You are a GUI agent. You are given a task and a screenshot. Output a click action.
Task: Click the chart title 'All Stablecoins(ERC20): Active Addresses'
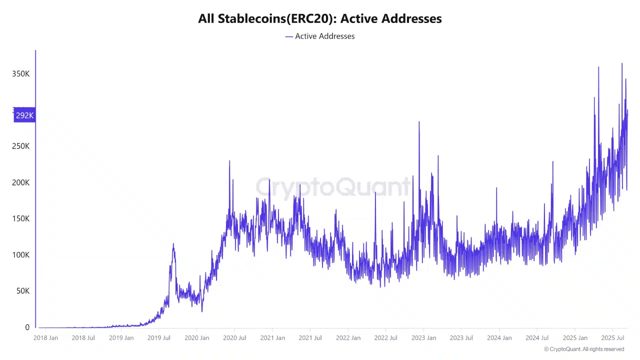[320, 19]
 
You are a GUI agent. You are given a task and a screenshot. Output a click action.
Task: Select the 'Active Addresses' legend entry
[320, 36]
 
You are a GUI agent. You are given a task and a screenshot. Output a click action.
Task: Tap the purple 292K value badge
[24, 115]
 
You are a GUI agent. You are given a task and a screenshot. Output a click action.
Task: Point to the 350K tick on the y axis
[20, 74]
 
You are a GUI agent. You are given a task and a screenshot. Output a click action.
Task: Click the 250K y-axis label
[20, 146]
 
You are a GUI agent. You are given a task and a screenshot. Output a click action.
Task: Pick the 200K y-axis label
[20, 182]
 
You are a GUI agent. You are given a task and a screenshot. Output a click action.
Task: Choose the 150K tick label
[20, 219]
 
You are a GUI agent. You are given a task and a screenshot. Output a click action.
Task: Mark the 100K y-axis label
[20, 255]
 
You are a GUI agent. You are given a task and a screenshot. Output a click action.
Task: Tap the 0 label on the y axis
[27, 327]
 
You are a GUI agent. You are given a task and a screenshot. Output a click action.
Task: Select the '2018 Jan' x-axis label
[45, 338]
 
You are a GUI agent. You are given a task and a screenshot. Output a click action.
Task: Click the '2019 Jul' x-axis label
[159, 338]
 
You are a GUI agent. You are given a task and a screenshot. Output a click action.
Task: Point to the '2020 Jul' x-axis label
[234, 338]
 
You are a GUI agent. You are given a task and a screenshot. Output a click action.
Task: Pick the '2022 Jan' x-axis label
[348, 338]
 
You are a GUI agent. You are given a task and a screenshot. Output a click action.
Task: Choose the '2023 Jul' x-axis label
[461, 338]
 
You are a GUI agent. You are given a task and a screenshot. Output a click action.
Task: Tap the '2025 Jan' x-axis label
[574, 338]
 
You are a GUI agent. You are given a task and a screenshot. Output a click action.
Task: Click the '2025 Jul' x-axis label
[612, 338]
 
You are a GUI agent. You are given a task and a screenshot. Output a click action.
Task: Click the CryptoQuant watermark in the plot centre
[332, 187]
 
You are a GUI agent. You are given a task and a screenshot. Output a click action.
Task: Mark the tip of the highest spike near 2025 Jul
[622, 63]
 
